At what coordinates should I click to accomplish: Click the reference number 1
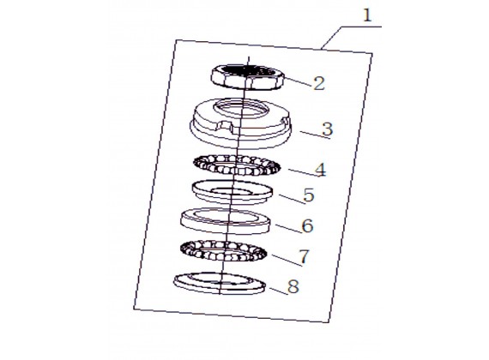pyautogui.click(x=368, y=15)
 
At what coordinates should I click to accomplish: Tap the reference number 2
pyautogui.click(x=319, y=83)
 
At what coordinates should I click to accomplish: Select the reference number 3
pyautogui.click(x=327, y=129)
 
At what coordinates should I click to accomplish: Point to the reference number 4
pyautogui.click(x=321, y=170)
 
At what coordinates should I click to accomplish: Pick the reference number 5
pyautogui.click(x=309, y=195)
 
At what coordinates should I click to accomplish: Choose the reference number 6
pyautogui.click(x=307, y=225)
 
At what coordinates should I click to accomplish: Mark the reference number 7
pyautogui.click(x=304, y=256)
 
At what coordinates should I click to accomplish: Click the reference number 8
pyautogui.click(x=293, y=286)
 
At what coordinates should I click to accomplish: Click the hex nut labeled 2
pyautogui.click(x=248, y=77)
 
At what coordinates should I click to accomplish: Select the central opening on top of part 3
pyautogui.click(x=240, y=109)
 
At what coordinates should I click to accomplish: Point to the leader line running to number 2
pyautogui.click(x=298, y=81)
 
